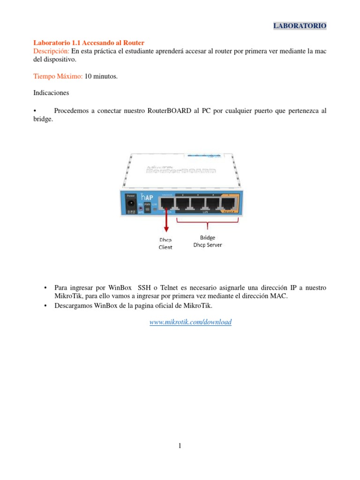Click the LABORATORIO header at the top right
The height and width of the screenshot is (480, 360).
tap(300, 25)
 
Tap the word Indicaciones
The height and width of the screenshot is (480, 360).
tap(52, 93)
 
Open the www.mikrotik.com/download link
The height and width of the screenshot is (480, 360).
tap(190, 322)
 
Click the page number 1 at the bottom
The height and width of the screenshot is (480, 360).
tap(180, 446)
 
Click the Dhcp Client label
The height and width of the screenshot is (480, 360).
tap(165, 243)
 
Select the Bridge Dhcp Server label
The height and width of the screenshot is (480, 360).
tap(208, 241)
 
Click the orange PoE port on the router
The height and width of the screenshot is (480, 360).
tap(229, 204)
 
